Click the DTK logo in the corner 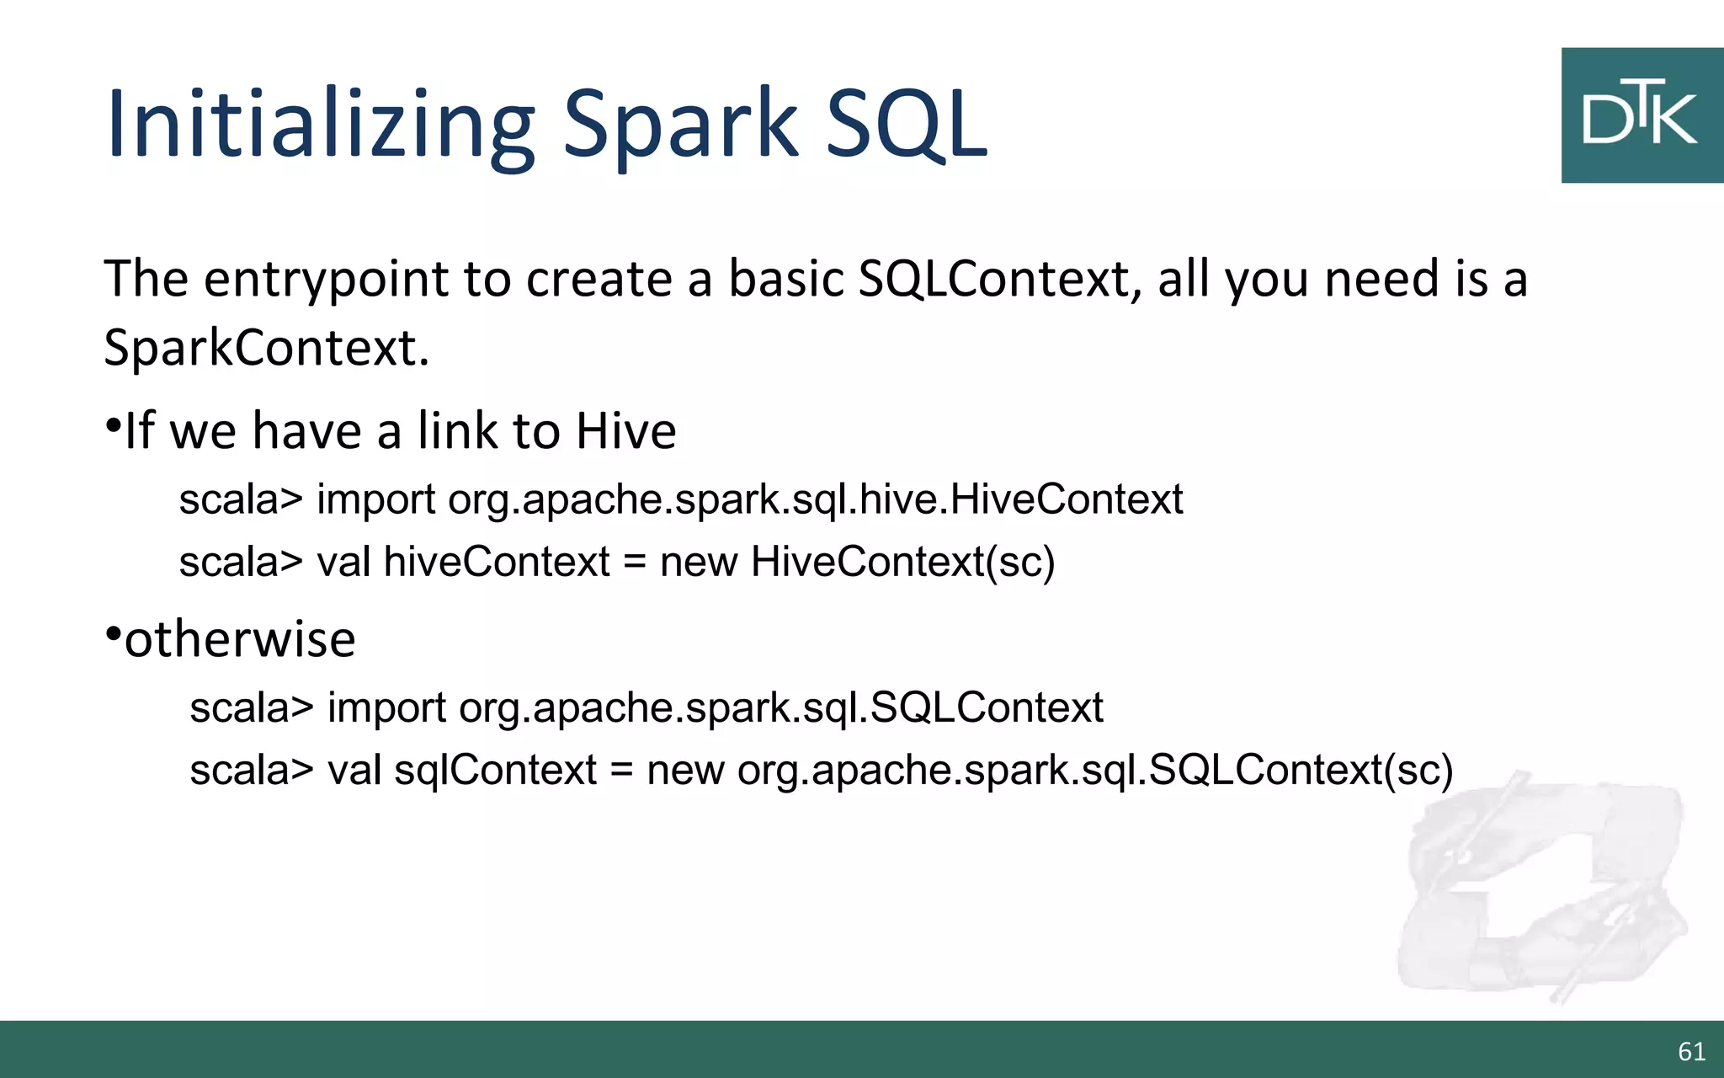click(x=1642, y=115)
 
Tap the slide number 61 click(x=1691, y=1051)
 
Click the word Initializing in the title click(x=320, y=125)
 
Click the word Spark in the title click(x=680, y=125)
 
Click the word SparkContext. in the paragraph click(x=266, y=348)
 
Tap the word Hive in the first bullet click(x=625, y=431)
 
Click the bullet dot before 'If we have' click(x=114, y=425)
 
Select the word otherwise click(x=240, y=639)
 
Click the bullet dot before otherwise click(x=114, y=633)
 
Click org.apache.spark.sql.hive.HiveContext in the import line click(x=815, y=499)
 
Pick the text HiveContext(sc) click(x=902, y=562)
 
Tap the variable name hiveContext click(x=497, y=562)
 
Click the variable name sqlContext click(x=495, y=770)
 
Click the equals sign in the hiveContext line click(x=635, y=563)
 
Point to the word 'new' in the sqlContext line click(x=684, y=770)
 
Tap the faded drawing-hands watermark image click(x=1540, y=893)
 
